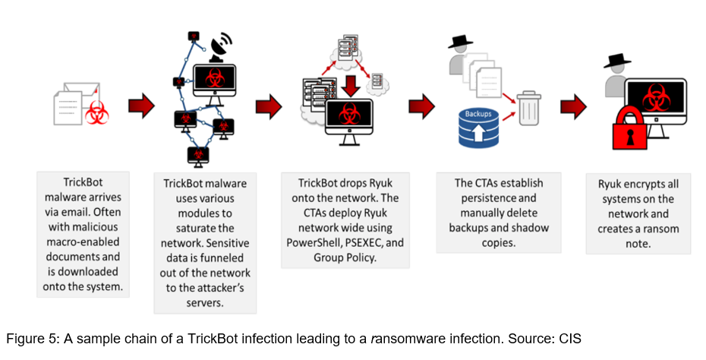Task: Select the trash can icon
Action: click(528, 109)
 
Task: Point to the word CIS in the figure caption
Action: click(566, 339)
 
